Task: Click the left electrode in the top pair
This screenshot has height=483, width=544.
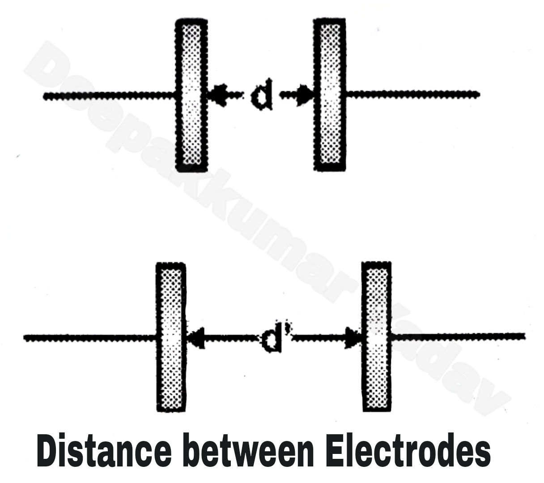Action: pos(191,95)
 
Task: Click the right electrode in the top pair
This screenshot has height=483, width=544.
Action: pos(330,95)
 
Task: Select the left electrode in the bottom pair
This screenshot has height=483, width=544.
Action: pos(170,337)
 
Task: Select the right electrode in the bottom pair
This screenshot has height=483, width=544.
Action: pos(376,337)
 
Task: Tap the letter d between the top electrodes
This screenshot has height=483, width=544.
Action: pos(260,96)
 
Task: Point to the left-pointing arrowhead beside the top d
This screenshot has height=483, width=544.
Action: pos(217,95)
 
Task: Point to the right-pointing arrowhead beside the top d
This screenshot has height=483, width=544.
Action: pos(306,95)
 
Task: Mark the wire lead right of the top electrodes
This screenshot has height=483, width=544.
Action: pos(412,94)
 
